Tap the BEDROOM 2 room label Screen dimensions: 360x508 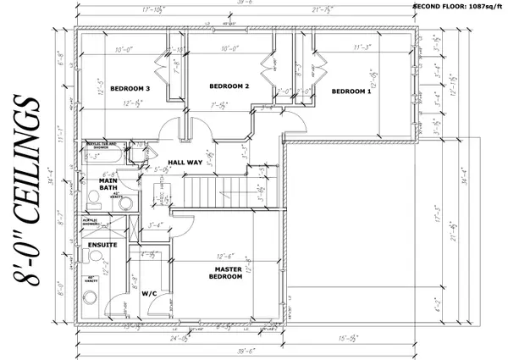point(229,86)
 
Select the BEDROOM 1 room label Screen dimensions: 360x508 point(351,91)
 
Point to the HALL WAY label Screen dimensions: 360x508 point(184,161)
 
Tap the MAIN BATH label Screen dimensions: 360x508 point(108,184)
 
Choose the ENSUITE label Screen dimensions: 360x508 point(102,245)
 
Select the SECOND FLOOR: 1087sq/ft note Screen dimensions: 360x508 point(458,6)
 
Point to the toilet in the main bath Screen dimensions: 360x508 point(91,197)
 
